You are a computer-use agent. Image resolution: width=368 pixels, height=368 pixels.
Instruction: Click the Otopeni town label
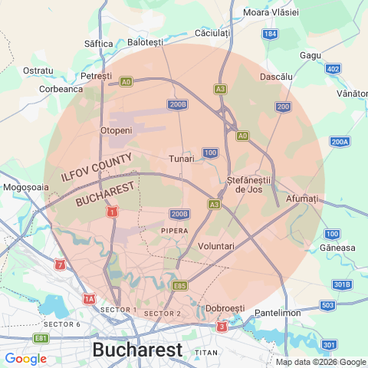pos(117,130)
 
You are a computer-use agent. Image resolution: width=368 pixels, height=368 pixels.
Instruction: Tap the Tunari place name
pos(182,159)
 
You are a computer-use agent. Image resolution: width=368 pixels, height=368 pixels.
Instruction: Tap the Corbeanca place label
pos(61,88)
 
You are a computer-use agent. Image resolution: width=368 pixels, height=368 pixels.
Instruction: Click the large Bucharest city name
pos(137,350)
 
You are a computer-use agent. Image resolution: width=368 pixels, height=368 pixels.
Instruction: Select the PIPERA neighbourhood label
pos(175,230)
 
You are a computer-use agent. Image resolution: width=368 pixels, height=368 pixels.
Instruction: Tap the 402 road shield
pos(333,69)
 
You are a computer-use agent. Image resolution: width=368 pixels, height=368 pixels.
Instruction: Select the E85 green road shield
pos(180,286)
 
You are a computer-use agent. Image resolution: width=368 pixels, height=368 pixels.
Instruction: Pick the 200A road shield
pos(340,142)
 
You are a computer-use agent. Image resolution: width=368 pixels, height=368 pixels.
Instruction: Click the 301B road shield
pos(342,285)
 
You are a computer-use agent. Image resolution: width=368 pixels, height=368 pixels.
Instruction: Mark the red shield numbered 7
pos(61,264)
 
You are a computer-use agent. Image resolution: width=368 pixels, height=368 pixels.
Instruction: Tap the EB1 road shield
pos(41,338)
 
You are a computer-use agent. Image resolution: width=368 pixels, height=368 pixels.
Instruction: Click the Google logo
pos(26,358)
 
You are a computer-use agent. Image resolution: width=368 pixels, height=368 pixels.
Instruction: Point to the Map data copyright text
pos(320,362)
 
